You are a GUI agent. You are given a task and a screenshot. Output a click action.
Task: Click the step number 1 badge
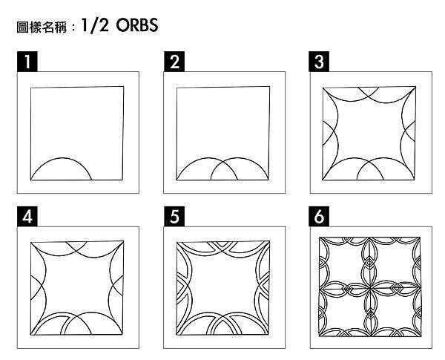tap(27, 62)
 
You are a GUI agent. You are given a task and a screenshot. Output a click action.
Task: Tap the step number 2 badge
tap(174, 62)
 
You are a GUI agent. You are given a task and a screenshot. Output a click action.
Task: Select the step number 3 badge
tap(319, 62)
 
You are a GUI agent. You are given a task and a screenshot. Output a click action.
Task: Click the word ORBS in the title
tap(137, 27)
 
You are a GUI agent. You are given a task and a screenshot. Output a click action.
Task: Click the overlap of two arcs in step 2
tap(224, 169)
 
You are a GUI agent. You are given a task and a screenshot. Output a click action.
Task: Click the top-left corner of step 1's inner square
tap(31, 88)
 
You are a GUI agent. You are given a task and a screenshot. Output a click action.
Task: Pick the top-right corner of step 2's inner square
tap(268, 87)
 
